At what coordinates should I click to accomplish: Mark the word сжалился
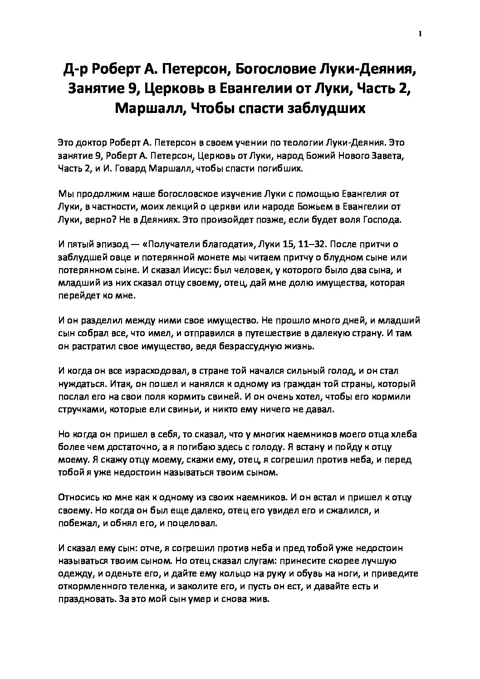(348, 510)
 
